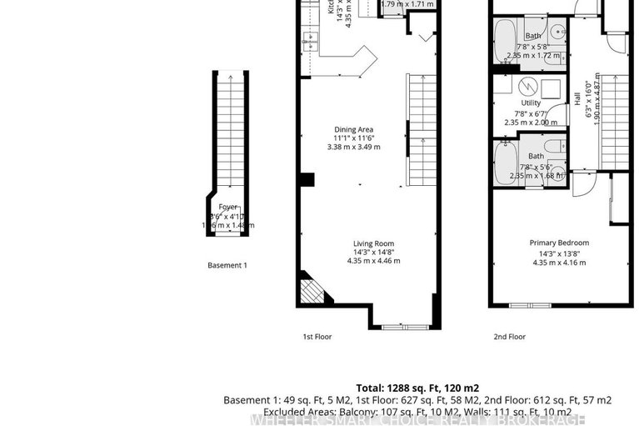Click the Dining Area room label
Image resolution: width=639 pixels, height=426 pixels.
[x=353, y=129]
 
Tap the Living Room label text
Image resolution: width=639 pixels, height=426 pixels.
[x=373, y=243]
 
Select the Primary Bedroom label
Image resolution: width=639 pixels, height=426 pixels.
[x=559, y=243]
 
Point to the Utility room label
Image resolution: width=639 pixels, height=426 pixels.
[x=531, y=103]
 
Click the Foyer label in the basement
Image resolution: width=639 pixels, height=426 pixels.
[x=228, y=206]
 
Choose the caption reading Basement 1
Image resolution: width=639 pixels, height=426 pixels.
[x=227, y=265]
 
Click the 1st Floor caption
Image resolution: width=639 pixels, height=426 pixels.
[x=317, y=337]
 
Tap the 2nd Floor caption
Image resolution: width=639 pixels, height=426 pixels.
[x=510, y=337]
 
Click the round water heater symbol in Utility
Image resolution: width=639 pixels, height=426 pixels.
[x=526, y=86]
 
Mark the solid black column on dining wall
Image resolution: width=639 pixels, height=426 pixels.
[x=307, y=179]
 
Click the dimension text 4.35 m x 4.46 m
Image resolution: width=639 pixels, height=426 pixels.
[x=373, y=261]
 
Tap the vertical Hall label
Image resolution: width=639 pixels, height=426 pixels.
[x=577, y=98]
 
